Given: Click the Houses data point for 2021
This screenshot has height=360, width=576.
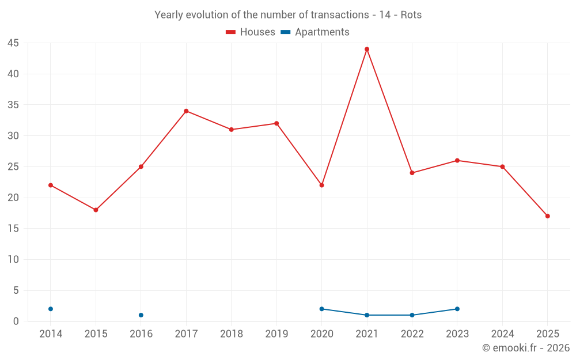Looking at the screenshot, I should click(x=367, y=49).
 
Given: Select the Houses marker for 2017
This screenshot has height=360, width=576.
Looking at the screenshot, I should click(x=186, y=111).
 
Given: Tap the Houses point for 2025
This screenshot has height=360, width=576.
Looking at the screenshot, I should click(x=548, y=216).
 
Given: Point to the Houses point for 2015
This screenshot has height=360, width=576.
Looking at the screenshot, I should click(x=96, y=210).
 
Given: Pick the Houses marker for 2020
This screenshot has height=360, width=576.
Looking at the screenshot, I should click(x=321, y=185).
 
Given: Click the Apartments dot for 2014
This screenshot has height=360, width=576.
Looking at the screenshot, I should click(x=51, y=309).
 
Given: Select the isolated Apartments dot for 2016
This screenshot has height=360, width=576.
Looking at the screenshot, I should click(x=141, y=315).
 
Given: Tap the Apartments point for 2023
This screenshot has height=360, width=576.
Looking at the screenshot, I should click(x=457, y=309).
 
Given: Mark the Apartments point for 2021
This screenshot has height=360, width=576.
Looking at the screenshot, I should click(x=367, y=315).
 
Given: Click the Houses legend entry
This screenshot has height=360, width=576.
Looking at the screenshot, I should click(x=250, y=32).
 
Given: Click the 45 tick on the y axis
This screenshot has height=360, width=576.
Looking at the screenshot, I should click(x=13, y=43).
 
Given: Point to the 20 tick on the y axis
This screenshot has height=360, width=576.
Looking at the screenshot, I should click(x=13, y=198).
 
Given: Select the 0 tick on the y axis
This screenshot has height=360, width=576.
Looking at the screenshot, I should click(x=16, y=321).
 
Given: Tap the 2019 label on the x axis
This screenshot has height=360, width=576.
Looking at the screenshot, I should click(x=276, y=334).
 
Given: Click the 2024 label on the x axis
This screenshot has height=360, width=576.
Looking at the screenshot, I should click(x=502, y=334).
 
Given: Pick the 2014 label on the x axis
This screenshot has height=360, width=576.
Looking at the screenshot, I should click(x=51, y=334).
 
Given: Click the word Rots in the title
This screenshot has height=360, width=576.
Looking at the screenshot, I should click(x=411, y=15).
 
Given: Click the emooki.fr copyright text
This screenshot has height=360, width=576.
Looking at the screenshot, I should click(x=525, y=348).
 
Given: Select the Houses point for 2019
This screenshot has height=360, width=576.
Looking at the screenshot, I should click(x=276, y=123).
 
